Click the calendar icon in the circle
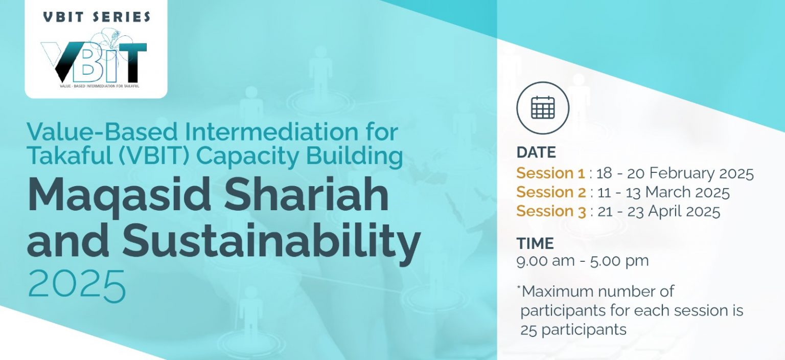[x=543, y=107]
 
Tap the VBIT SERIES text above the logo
[x=97, y=17]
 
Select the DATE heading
[x=536, y=152]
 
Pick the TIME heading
[x=535, y=243]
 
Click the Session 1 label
[x=550, y=173]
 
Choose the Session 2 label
[x=551, y=192]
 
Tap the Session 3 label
[x=551, y=211]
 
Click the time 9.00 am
[x=545, y=261]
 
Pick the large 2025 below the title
[x=76, y=286]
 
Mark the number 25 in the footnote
[x=528, y=330]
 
